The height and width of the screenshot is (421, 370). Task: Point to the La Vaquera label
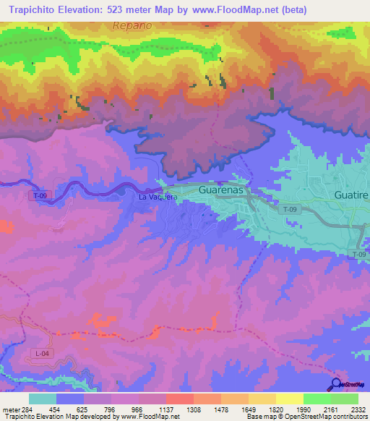point(158,197)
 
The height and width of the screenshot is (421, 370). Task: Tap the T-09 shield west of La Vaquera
point(38,195)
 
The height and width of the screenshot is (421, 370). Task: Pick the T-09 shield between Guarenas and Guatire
point(289,210)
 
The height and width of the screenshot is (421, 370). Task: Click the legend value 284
point(27,409)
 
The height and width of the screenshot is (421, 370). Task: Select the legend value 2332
point(357,409)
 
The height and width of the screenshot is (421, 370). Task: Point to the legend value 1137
point(165,409)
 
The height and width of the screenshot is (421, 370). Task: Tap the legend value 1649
point(247,409)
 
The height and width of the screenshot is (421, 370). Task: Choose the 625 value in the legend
point(82,409)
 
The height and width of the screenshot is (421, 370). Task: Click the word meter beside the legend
point(10,409)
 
